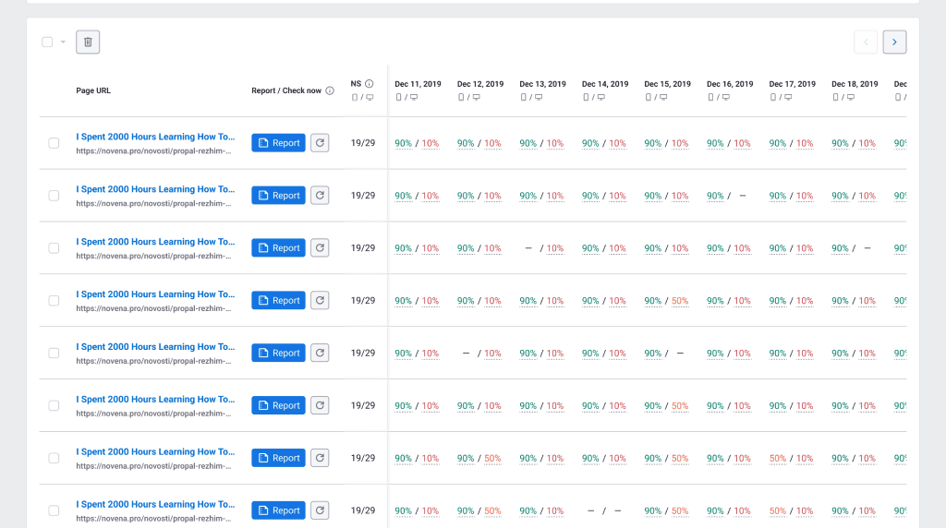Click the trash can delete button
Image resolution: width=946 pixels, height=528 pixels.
88,42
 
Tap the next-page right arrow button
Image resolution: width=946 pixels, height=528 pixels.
894,42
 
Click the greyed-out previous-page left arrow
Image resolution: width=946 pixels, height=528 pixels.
866,42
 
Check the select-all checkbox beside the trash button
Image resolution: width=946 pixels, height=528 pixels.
47,42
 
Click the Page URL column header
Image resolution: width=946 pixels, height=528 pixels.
93,90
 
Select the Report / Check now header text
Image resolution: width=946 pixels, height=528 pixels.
286,90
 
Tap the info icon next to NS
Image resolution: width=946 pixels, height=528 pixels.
370,84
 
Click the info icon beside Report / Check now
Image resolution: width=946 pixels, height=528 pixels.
330,90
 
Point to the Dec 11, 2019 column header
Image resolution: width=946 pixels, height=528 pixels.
418,84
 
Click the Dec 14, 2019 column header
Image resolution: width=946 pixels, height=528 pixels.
605,84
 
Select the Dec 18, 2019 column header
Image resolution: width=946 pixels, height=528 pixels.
855,84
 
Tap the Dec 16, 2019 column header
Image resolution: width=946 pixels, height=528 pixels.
730,84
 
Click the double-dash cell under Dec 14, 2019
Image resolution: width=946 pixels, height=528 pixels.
604,510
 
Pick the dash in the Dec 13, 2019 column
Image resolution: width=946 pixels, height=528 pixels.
528,248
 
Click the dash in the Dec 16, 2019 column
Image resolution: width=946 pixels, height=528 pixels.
742,196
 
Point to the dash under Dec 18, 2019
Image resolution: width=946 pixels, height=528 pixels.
867,248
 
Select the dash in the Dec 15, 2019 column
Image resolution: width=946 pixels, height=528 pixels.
680,354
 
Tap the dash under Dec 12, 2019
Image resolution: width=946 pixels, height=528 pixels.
466,354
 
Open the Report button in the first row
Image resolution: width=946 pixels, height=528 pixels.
278,143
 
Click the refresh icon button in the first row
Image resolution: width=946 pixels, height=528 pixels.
320,143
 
